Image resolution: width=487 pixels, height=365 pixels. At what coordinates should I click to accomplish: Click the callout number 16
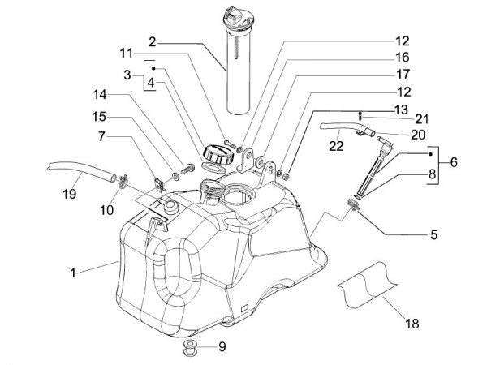click(403, 58)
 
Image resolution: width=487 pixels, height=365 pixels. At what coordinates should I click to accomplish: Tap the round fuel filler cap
click(215, 153)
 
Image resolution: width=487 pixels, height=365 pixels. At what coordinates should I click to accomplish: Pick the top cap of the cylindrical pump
click(243, 18)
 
